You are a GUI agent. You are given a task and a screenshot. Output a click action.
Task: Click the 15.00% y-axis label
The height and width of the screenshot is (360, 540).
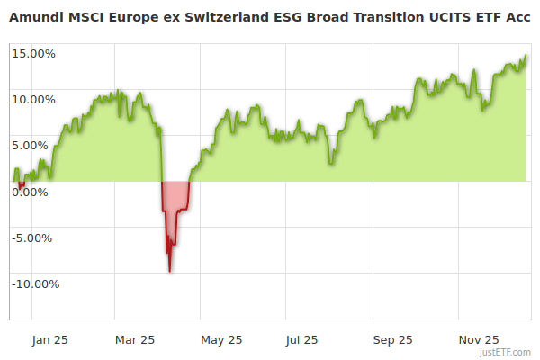(34, 53)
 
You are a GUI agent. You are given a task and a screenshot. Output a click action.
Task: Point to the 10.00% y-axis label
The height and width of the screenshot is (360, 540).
(34, 99)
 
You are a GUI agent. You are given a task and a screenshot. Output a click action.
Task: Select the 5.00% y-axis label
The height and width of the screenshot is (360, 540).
(36, 145)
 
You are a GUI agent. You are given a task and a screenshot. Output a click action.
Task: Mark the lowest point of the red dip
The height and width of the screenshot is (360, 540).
(170, 271)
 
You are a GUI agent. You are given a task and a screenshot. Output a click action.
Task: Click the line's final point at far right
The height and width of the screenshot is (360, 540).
(526, 55)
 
